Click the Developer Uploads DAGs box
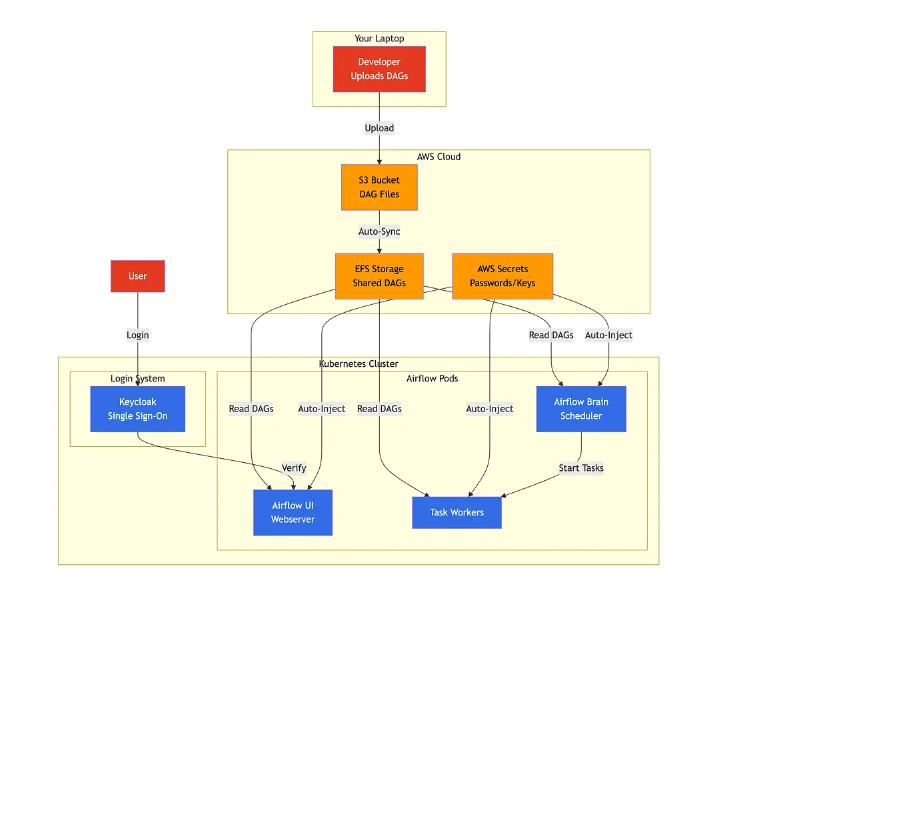coord(379,69)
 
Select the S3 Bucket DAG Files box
coord(379,187)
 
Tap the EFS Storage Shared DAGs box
coord(379,276)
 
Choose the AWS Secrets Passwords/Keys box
coord(502,276)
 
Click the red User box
coord(138,276)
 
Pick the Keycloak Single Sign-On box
coord(138,409)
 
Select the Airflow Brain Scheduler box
coord(581,409)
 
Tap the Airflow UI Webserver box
coord(293,512)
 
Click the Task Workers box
coord(456,512)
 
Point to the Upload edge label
coord(379,128)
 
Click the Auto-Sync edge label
coord(379,231)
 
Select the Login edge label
coord(138,335)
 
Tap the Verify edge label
coord(294,468)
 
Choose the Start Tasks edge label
coord(581,468)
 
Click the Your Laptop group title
coord(379,39)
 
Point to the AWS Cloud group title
coord(439,157)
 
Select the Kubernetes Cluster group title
coord(359,363)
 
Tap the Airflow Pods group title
coord(432,378)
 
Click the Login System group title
coord(138,378)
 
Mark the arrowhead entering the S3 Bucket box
coord(379,162)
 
